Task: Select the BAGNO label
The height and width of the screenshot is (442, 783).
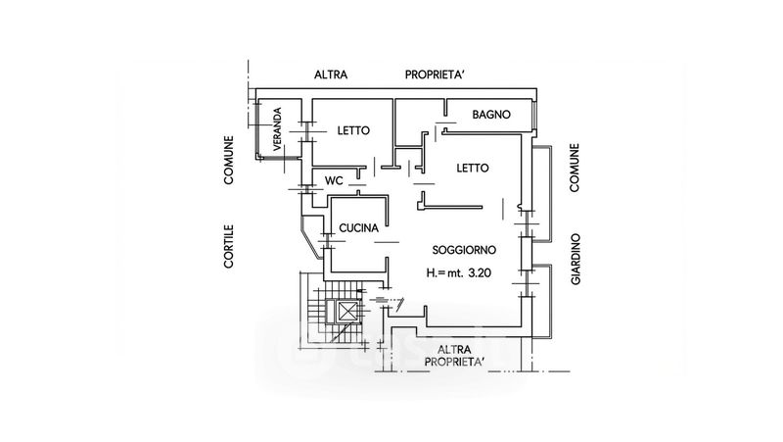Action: [490, 115]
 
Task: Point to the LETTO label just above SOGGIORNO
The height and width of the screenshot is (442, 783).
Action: [473, 168]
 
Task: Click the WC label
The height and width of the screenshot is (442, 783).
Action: [333, 180]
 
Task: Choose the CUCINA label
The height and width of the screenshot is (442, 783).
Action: [357, 228]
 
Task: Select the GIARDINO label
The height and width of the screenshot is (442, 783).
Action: [576, 259]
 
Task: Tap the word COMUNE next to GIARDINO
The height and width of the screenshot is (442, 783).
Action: [576, 169]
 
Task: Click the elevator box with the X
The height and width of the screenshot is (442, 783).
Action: [347, 314]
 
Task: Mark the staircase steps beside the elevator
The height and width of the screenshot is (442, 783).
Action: [315, 312]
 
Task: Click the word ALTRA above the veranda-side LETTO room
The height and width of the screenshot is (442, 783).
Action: [331, 74]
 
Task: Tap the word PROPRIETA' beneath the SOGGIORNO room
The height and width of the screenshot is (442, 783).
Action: [454, 363]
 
